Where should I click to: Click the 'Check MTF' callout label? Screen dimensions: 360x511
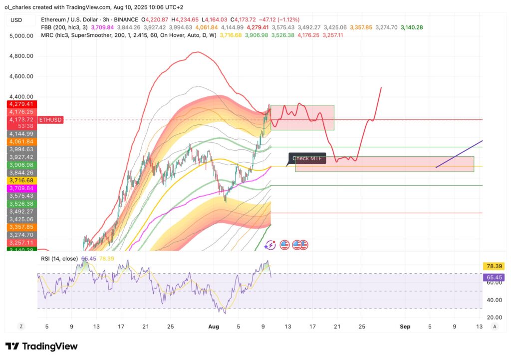tap(307, 159)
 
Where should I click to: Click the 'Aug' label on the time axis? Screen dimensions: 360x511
tap(213, 327)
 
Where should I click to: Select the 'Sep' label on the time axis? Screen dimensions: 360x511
tap(405, 327)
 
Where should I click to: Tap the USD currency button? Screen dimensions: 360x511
tap(16, 20)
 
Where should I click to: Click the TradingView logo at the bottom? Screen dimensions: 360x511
tap(42, 346)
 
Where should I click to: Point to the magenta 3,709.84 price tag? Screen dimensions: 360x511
tap(20, 188)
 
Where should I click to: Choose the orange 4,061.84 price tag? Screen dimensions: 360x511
tap(20, 142)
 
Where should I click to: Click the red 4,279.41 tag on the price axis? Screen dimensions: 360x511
tap(20, 104)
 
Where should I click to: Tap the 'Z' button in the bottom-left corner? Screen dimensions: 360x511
tap(21, 327)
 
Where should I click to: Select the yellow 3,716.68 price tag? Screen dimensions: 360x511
tap(20, 180)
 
